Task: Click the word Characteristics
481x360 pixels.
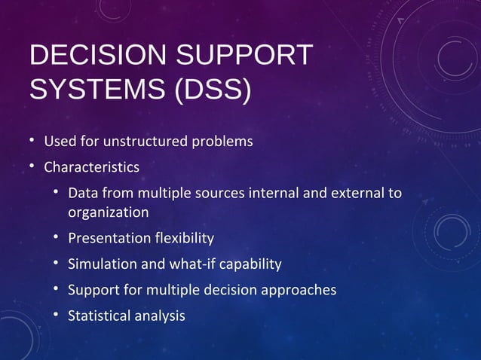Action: coord(91,166)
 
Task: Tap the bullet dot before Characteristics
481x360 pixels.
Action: coord(32,166)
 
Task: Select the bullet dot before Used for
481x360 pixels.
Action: coord(32,141)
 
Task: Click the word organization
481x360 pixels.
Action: coord(108,212)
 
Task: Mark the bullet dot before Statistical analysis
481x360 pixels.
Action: coord(57,315)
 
